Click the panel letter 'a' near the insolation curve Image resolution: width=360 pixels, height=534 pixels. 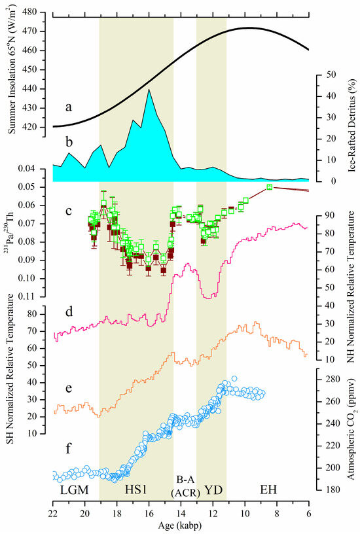coord(67,105)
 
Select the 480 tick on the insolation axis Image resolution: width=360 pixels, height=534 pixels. coord(39,12)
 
